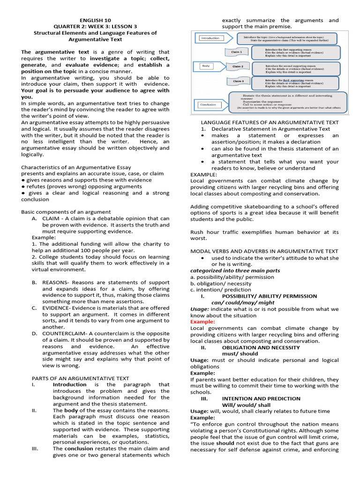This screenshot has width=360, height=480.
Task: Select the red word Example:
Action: (x=202, y=322)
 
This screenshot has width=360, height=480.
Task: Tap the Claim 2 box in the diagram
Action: (x=239, y=67)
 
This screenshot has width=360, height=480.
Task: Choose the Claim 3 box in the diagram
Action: (x=239, y=81)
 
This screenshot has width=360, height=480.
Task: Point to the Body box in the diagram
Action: (x=207, y=66)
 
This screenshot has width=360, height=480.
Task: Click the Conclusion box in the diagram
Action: (x=209, y=104)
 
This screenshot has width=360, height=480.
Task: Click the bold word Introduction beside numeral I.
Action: (x=69, y=384)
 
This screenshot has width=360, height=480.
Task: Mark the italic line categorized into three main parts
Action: (x=235, y=270)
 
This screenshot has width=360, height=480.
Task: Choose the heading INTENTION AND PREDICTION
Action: (x=261, y=398)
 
